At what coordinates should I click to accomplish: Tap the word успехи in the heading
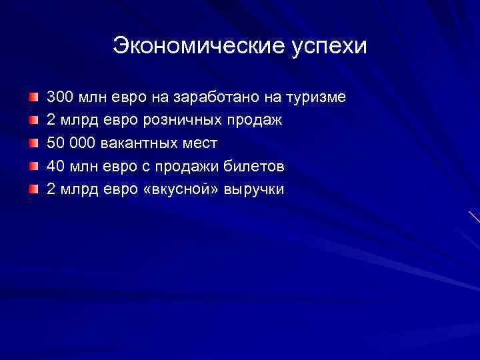click(x=329, y=47)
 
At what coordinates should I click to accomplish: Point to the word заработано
click(x=216, y=97)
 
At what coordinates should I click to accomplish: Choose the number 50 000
click(x=71, y=143)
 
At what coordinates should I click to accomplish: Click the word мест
click(x=199, y=143)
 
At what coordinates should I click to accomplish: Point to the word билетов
click(x=258, y=166)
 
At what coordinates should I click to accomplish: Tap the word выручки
click(x=254, y=189)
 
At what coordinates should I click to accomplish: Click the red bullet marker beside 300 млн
click(x=33, y=98)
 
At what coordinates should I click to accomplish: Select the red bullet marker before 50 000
click(x=33, y=143)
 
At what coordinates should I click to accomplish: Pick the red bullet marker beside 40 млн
click(x=33, y=167)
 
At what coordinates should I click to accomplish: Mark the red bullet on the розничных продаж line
click(x=33, y=121)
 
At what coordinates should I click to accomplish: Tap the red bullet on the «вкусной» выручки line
click(x=33, y=189)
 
